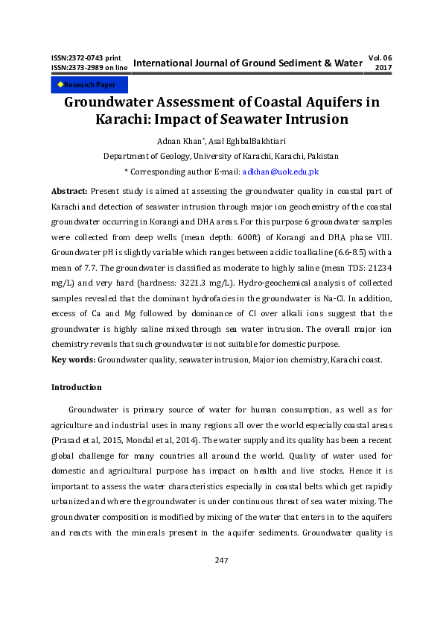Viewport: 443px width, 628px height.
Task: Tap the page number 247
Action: point(221,560)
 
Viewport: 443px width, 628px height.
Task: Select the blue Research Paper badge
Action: point(80,85)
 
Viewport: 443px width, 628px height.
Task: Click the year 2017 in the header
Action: point(383,68)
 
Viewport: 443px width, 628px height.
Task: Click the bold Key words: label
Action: point(72,359)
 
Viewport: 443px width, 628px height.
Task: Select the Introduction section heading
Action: point(76,387)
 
